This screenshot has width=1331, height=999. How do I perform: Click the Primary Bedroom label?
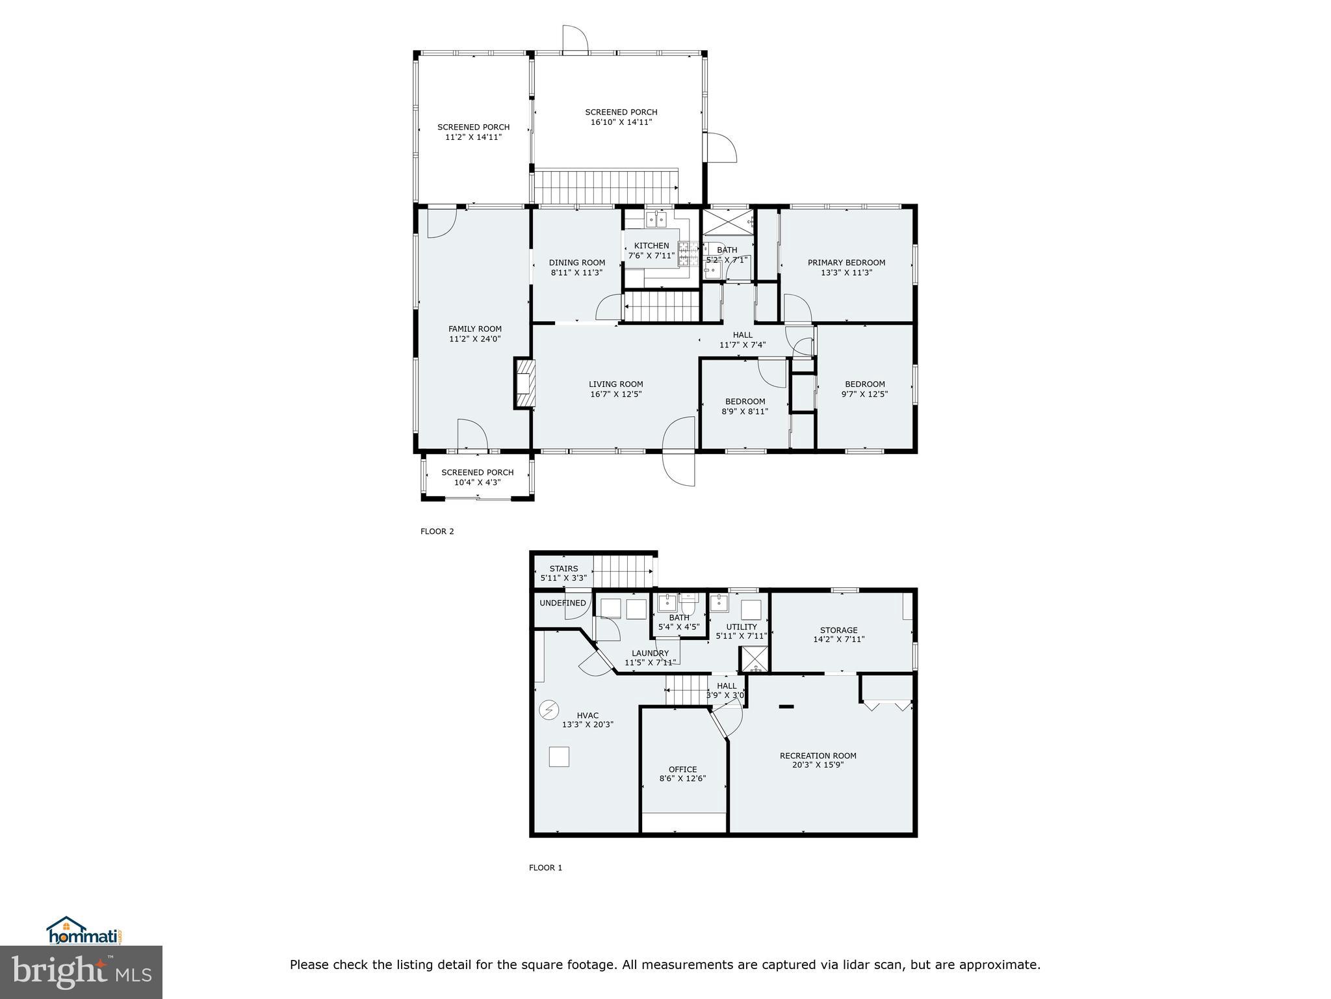[x=846, y=263]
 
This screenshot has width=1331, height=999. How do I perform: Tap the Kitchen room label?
[x=651, y=246]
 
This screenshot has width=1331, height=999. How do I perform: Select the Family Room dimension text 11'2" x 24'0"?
[x=475, y=339]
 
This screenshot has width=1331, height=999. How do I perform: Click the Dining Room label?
[x=576, y=263]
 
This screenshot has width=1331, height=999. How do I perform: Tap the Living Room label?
[x=615, y=384]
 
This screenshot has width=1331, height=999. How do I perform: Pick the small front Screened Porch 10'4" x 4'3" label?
[x=477, y=473]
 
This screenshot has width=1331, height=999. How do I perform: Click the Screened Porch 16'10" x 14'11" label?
[x=621, y=113]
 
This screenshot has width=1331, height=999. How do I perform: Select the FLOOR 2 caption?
[x=437, y=531]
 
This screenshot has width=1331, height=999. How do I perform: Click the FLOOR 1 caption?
[x=545, y=868]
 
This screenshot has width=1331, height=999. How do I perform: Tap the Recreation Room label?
[x=818, y=756]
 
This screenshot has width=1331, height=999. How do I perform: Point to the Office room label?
[x=682, y=769]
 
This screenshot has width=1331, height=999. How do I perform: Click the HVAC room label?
[x=588, y=715]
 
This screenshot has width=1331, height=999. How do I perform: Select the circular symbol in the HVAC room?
[x=549, y=708]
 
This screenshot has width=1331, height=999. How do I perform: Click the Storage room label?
[x=838, y=630]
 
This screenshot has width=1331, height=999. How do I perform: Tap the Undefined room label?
[x=562, y=603]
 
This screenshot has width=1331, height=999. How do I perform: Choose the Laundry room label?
[x=650, y=654]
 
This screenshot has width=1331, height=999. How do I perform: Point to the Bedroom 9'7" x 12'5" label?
[x=864, y=384]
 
